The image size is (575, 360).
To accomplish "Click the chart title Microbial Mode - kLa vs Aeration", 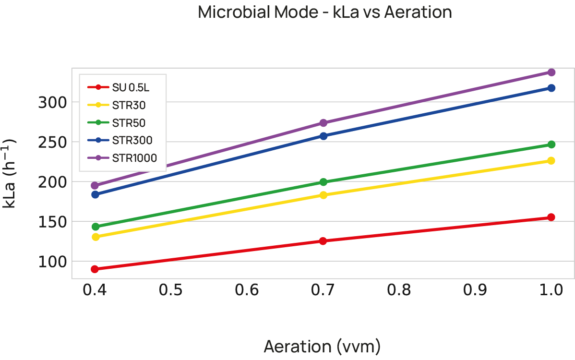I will [x=325, y=12].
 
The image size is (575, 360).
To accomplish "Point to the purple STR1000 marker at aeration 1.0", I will [x=551, y=72].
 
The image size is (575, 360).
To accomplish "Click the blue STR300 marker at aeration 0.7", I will [x=323, y=136].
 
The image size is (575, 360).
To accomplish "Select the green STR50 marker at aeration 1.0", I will [x=551, y=144].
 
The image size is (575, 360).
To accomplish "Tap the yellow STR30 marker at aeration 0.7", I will [x=323, y=195].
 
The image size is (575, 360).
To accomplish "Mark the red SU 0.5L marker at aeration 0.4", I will [x=95, y=269].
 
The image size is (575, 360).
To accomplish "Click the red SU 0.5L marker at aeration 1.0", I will [x=551, y=217].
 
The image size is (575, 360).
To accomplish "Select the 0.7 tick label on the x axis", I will [x=323, y=290].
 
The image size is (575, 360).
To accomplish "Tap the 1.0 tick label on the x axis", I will [x=551, y=290].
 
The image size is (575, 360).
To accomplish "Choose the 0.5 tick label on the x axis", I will [x=171, y=290].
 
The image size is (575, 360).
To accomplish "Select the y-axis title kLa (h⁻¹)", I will [x=11, y=173].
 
